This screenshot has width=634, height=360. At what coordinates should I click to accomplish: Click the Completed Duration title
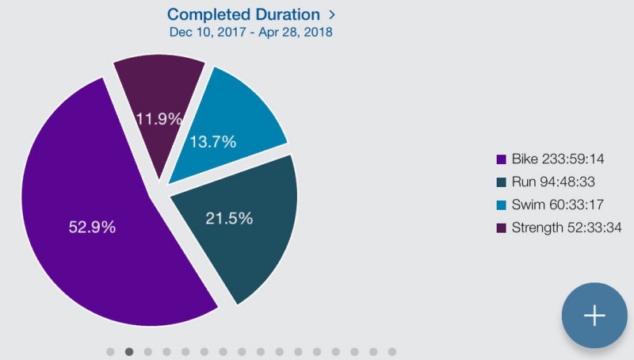pos(243,14)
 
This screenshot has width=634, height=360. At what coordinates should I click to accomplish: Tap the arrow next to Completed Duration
pos(332,15)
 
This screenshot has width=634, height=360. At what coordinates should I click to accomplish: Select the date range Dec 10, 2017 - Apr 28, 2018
pos(250,32)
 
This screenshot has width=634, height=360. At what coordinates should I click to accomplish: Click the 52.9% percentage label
pos(92,227)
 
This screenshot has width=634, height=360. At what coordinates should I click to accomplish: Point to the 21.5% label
pos(229,218)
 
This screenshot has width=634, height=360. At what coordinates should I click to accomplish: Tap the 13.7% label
pos(212,142)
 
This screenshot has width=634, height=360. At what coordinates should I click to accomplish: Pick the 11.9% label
pos(159,119)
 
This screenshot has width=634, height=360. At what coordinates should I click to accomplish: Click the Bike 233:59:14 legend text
pos(558,159)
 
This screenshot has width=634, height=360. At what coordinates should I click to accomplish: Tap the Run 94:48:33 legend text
pos(553,182)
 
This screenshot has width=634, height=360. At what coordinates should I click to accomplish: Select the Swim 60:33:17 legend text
pos(558,205)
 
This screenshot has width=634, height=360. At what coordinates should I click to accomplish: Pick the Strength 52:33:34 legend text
pos(567,228)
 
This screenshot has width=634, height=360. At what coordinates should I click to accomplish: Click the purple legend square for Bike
pos(502,159)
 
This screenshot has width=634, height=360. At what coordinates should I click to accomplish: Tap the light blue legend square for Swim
pos(502,205)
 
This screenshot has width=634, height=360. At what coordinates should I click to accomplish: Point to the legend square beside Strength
pos(502,228)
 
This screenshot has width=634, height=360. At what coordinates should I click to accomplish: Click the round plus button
pos(594,316)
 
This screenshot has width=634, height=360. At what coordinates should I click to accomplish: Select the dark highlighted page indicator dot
pos(129,351)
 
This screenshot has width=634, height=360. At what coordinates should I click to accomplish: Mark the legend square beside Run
pos(502,182)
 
